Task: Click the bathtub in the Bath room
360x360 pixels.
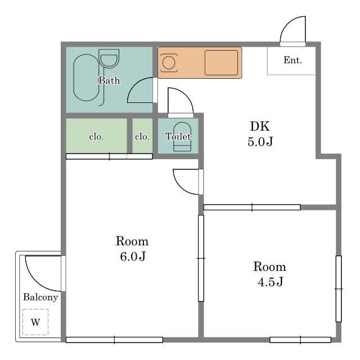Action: point(86,78)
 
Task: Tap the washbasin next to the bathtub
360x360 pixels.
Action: point(109,58)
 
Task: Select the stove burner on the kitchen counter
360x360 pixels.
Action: point(169,63)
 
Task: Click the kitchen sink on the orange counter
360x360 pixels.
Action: point(221,62)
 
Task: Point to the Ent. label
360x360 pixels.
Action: point(292,60)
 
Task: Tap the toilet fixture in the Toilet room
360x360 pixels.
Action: point(182,137)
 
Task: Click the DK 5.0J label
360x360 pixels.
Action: point(260,134)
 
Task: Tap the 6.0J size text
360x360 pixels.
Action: point(133,256)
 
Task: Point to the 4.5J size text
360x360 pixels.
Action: point(271,282)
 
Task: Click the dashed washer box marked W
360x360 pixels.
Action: point(35,322)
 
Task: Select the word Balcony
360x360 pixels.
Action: point(40,298)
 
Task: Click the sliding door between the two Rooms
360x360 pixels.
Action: point(201,258)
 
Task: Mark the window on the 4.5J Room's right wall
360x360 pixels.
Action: point(339,289)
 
